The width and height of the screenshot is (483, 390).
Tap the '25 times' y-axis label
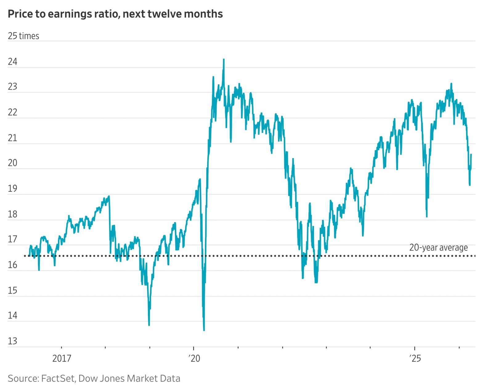23,36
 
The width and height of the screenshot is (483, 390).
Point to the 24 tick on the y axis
13,62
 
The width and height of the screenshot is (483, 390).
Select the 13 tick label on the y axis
13,341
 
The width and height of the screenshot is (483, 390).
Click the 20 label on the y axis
13,163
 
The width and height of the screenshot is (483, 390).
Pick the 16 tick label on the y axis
13,265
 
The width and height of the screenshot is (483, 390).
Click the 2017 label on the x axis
62,359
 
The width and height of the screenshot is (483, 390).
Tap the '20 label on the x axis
194,359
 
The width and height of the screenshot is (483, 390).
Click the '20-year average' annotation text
438,248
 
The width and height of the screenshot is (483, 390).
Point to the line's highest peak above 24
224,60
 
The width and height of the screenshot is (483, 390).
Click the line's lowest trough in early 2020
204,330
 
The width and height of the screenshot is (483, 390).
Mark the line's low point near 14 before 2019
149,325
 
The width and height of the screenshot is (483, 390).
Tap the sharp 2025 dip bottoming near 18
427,216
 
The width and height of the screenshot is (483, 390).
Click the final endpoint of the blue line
471,154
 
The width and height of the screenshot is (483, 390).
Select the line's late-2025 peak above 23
451,84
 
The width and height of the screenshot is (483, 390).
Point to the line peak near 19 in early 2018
109,196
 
